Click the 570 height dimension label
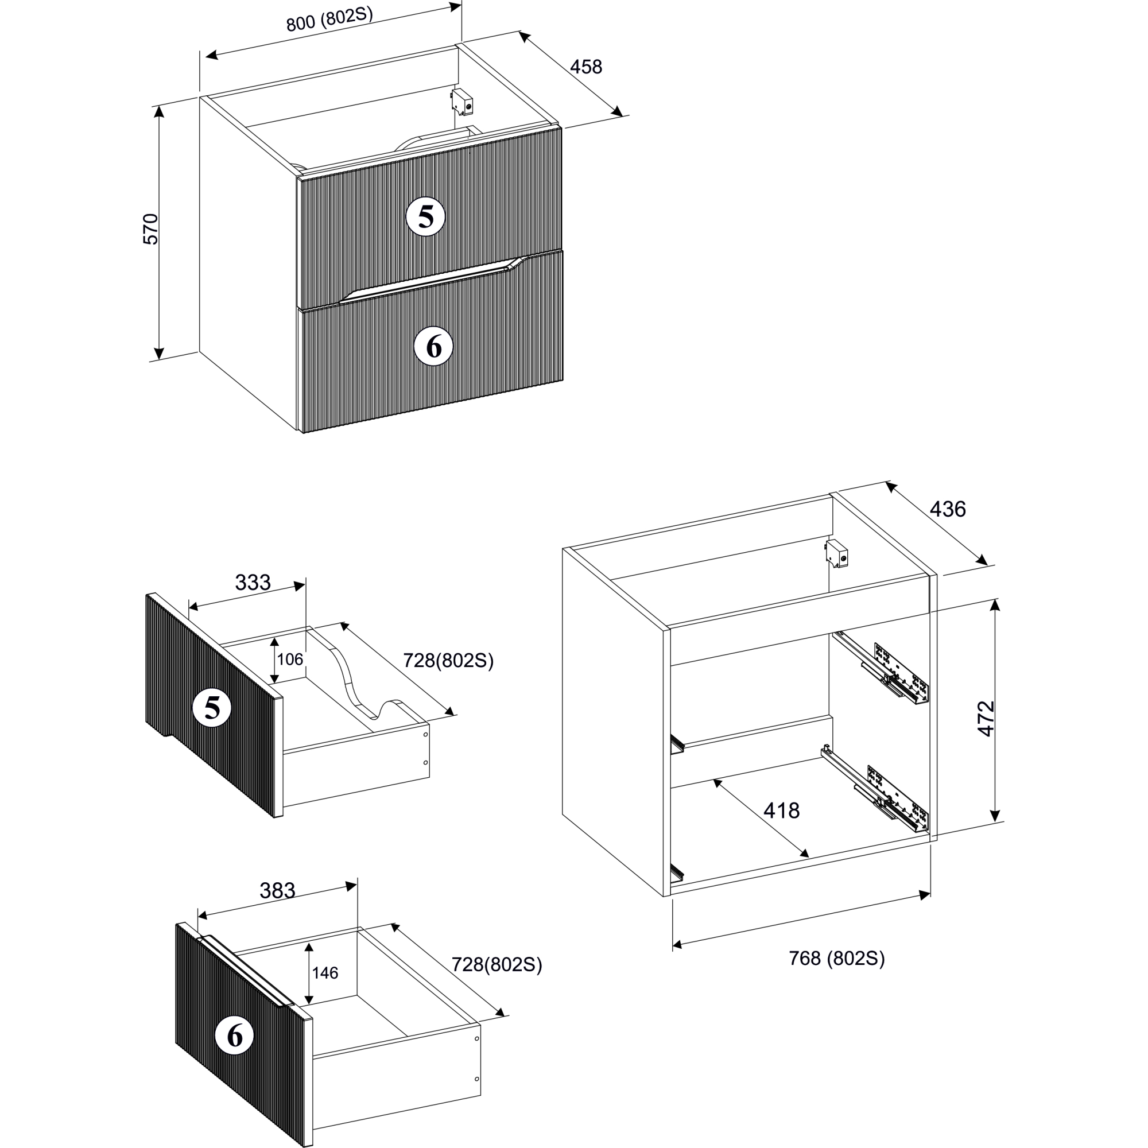click(152, 229)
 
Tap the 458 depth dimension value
click(586, 67)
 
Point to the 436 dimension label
click(948, 509)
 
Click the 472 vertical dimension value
click(986, 719)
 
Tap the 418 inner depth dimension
click(781, 810)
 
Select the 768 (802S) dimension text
click(837, 959)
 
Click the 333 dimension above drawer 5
click(253, 582)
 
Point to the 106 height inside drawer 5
click(290, 659)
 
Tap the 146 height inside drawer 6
click(325, 973)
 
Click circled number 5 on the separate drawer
click(212, 708)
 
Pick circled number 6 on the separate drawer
click(235, 1035)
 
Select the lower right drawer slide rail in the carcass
click(876, 792)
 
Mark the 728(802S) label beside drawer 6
click(497, 964)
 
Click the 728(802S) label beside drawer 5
click(449, 660)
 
